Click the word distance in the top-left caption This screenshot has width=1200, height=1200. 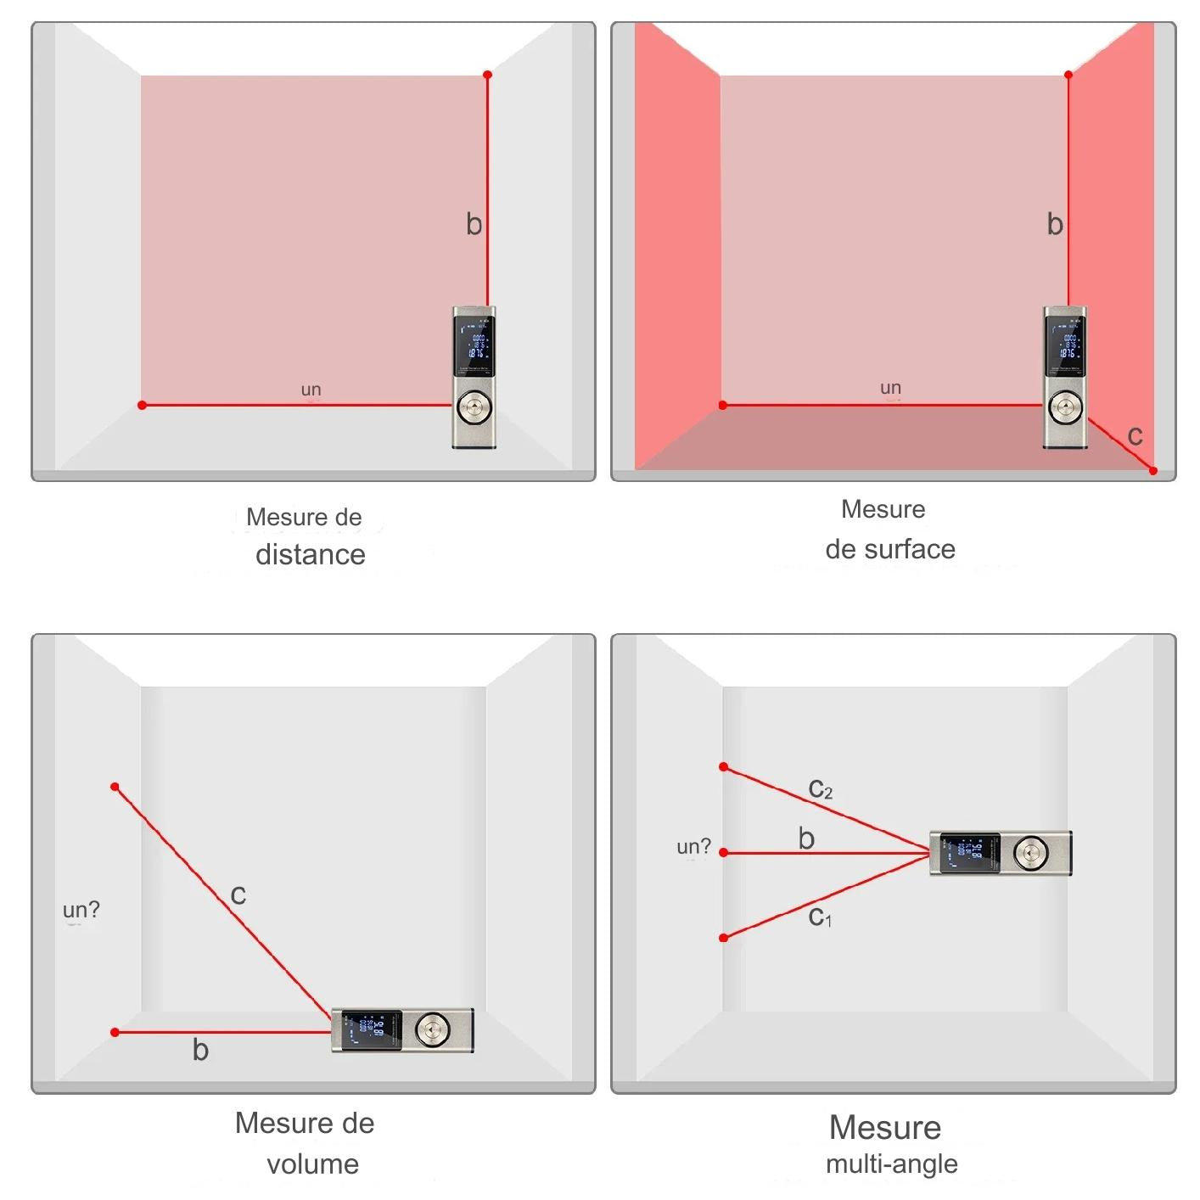coord(311,554)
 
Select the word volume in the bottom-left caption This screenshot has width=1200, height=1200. coord(312,1164)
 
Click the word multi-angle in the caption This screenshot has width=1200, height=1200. coord(891,1164)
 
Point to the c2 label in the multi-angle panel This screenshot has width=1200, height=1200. coord(820,789)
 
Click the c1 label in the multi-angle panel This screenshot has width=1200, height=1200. coord(820,917)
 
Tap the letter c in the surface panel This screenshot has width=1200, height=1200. coord(1135,435)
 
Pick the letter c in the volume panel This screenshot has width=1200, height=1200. coord(238,894)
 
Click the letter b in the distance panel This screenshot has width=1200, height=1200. coord(474,224)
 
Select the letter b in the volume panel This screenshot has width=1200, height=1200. coord(200,1050)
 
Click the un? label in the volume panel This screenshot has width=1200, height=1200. coord(81,910)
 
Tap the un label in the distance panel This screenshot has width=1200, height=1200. coord(311,390)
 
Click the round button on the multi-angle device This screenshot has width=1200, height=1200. coord(1030,852)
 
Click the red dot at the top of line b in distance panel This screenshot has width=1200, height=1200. coord(487,76)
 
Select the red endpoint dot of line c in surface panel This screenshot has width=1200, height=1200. coord(1152,471)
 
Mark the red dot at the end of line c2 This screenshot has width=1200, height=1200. coord(723,767)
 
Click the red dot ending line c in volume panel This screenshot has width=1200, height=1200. coord(115,787)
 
